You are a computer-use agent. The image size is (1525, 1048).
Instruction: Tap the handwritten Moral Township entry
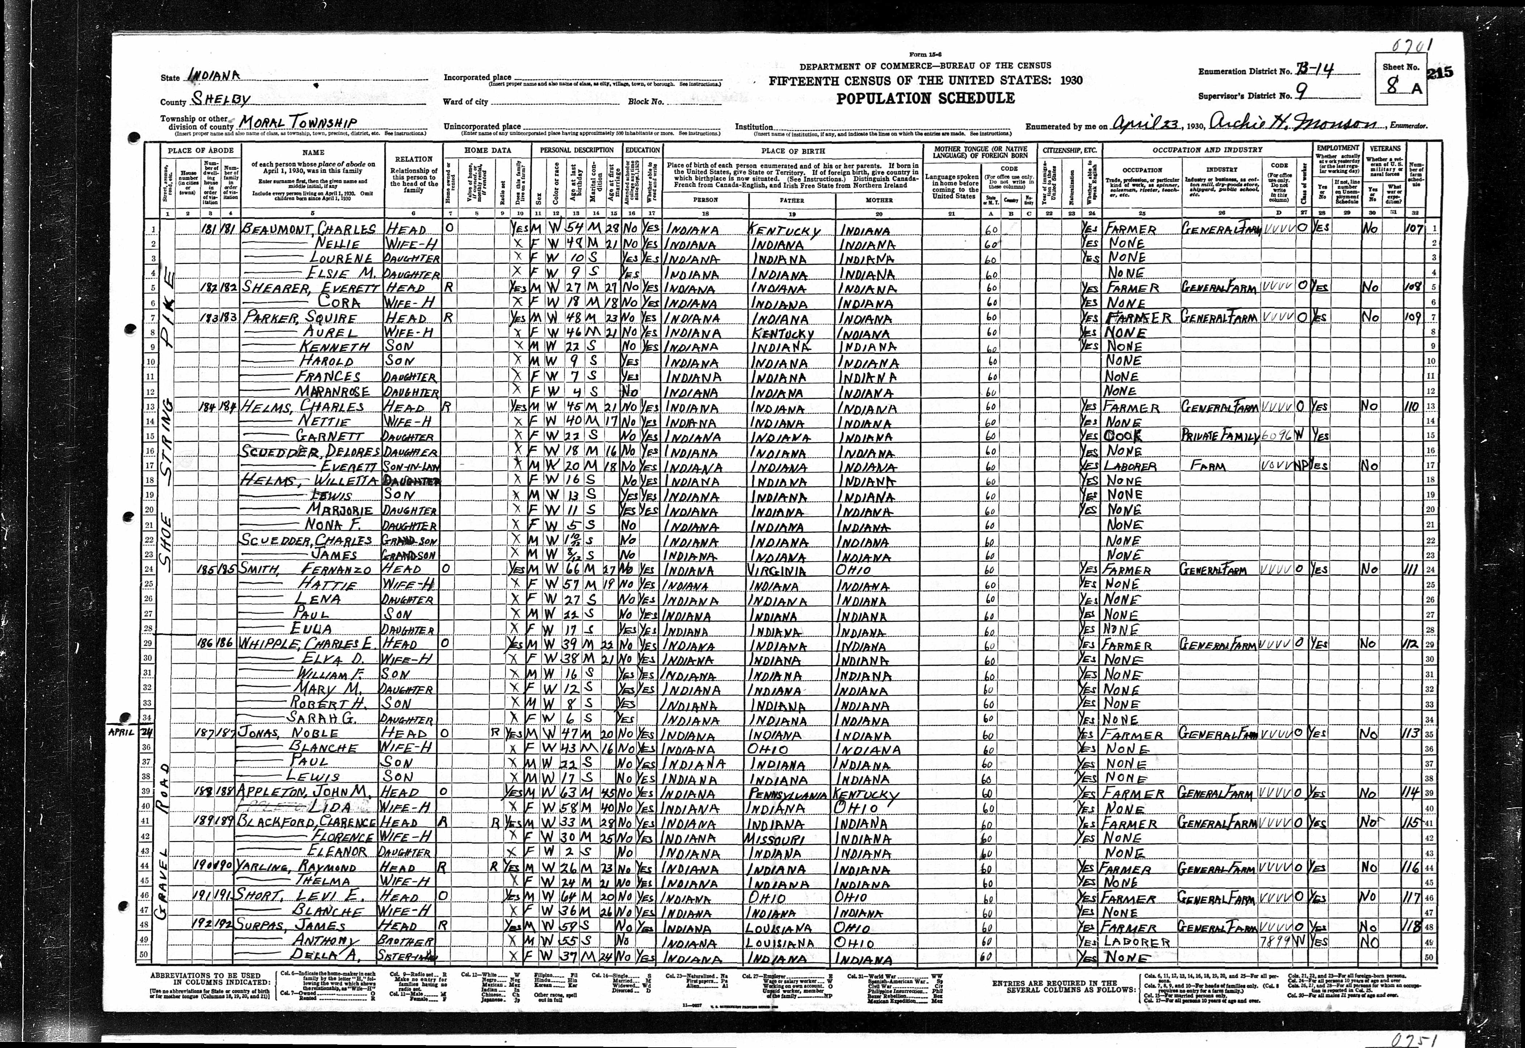click(x=298, y=123)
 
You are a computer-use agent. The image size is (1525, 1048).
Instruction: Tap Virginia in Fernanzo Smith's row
click(x=778, y=570)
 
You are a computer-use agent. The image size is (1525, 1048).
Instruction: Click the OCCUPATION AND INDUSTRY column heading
click(x=1207, y=150)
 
